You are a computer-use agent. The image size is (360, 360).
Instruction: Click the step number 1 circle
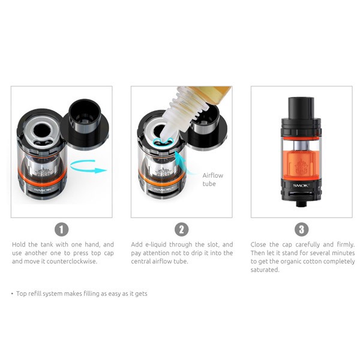click(62, 229)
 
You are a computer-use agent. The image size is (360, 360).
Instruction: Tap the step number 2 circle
click(182, 229)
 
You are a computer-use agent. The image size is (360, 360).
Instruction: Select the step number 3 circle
click(301, 229)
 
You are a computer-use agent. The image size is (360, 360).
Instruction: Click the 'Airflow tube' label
click(212, 179)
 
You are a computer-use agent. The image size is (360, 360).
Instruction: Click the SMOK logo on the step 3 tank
click(301, 185)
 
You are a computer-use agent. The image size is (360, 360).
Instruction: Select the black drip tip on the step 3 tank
click(301, 107)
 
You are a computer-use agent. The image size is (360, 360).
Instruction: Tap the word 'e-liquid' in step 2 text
click(155, 245)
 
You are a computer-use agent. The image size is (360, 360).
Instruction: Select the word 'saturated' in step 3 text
click(265, 270)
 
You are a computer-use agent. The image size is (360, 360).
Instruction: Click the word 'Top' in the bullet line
click(22, 293)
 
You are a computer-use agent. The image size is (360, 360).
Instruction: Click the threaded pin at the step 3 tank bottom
click(301, 203)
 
